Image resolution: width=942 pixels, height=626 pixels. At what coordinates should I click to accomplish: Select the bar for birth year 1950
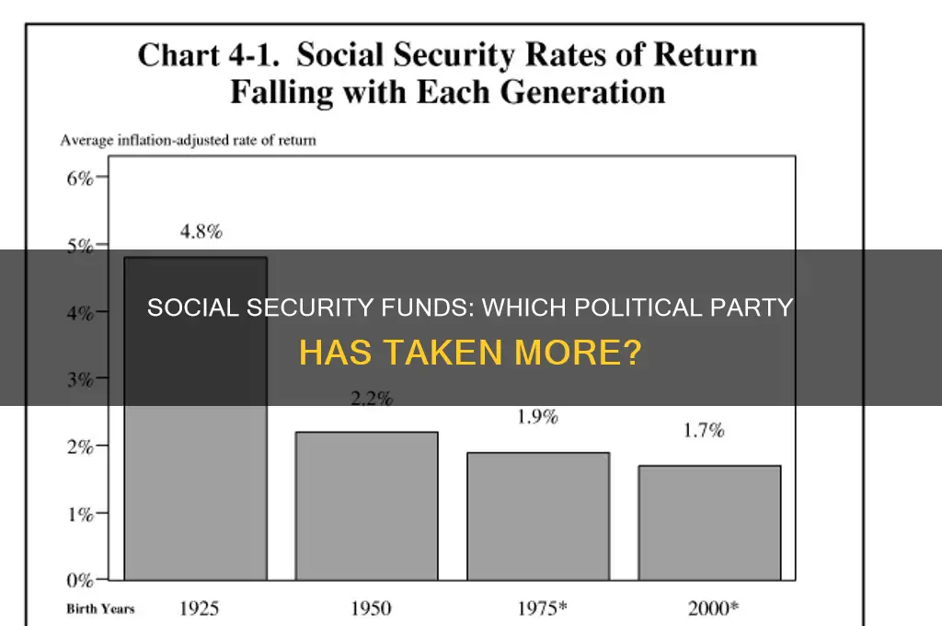pyautogui.click(x=365, y=505)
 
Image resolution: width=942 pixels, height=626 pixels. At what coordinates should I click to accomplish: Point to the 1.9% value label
pyautogui.click(x=536, y=417)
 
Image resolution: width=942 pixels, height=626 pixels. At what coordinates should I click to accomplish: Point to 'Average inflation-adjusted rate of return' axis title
pyautogui.click(x=189, y=141)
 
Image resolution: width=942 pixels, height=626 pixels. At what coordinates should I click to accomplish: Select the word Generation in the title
pyautogui.click(x=578, y=92)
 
